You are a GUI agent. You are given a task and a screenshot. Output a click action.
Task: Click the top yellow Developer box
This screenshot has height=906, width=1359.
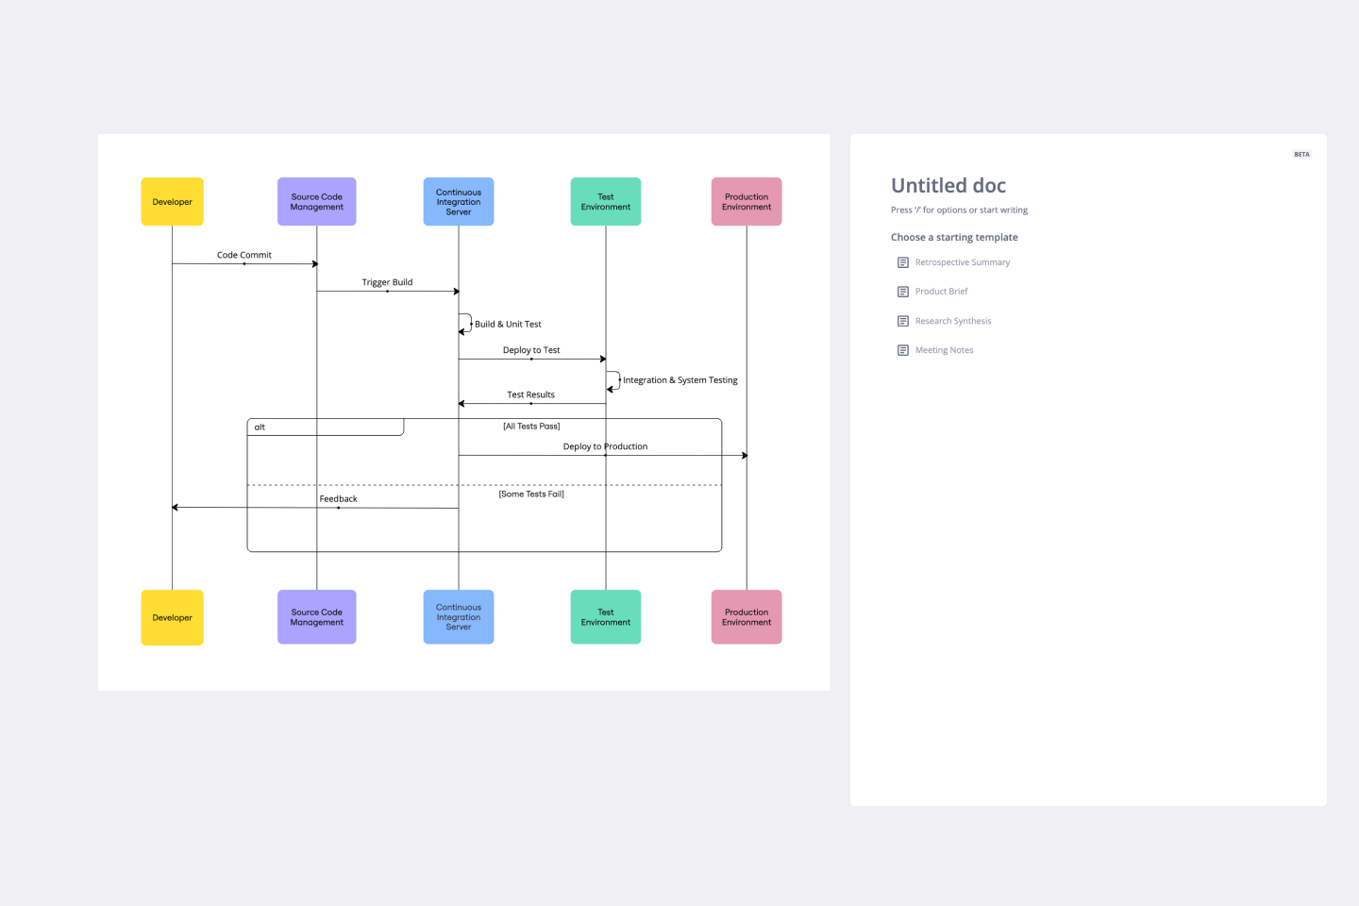pos(172,202)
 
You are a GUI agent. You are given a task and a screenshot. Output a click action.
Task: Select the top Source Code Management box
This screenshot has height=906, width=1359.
pos(317,202)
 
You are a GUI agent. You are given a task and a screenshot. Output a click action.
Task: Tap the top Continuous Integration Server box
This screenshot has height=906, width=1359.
pos(459,202)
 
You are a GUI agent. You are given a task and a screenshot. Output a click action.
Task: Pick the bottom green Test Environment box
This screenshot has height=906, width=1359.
pos(606,617)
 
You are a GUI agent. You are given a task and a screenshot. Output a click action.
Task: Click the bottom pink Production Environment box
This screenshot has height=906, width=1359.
pos(747,617)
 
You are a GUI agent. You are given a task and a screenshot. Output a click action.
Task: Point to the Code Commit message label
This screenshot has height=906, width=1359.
pos(244,255)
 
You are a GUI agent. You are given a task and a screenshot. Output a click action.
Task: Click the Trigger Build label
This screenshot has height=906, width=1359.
pos(387,282)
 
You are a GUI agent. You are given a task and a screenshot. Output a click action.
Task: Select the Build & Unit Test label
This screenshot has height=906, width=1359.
pos(508,325)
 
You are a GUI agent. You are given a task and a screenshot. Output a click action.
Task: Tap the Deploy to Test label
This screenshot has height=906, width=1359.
pos(531,350)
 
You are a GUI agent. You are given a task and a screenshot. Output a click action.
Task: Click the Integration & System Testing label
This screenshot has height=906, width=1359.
pos(680,380)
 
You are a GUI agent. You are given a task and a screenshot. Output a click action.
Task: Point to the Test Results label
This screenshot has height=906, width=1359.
pos(531,394)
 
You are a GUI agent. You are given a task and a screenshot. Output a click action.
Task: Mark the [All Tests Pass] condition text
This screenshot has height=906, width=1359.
pos(531,427)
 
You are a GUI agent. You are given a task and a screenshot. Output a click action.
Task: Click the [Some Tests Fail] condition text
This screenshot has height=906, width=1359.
pos(531,494)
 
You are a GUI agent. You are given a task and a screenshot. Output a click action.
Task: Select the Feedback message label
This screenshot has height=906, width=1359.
pos(339,499)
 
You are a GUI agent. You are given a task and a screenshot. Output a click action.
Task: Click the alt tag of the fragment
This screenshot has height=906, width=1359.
pos(260,428)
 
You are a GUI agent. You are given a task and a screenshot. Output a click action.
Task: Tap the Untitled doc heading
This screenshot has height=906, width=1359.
pos(948,186)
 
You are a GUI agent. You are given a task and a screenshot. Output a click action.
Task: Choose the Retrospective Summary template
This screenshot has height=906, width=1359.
pos(962,262)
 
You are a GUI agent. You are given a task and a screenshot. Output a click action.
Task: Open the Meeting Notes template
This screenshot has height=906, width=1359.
pos(944,350)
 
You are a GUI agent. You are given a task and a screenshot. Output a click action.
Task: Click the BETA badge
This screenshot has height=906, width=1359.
pos(1301,155)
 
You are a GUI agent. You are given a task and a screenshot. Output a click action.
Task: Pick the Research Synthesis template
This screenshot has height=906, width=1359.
pos(953,321)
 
